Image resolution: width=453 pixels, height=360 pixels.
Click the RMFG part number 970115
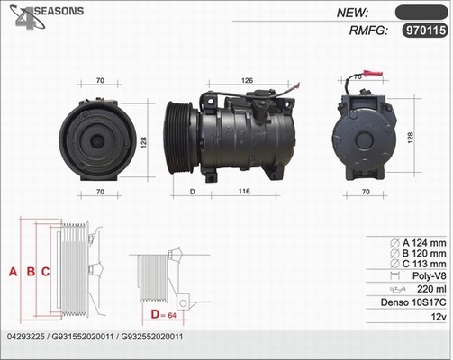pos(425,31)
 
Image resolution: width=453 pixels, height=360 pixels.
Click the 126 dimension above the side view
pos(247,80)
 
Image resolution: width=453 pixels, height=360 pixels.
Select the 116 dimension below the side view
pos(244,191)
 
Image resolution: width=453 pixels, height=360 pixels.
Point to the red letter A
pos(13,272)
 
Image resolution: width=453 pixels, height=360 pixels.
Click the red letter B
pos(31,272)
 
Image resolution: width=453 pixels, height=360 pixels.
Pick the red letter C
pos(45,272)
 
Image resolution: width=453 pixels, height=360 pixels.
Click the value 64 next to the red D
pos(172,315)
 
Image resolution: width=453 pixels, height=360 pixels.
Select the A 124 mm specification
pos(424,243)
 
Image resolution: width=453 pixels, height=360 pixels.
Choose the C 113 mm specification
pos(424,264)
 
